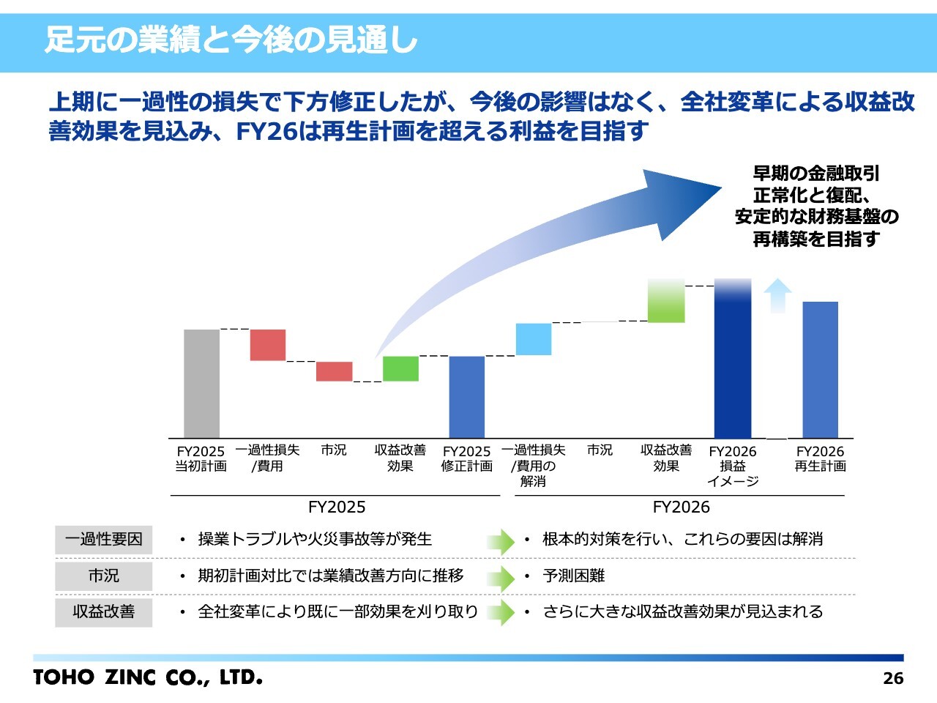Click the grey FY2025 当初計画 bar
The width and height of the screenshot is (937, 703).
[x=201, y=383]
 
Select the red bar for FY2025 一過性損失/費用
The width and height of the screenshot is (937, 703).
[x=268, y=345]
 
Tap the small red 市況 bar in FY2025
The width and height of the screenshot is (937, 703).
[x=334, y=371]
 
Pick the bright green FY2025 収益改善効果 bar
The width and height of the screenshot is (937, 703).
[x=400, y=368]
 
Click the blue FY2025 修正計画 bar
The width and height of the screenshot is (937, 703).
[x=466, y=396]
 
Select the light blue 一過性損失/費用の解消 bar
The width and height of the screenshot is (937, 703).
[x=534, y=339]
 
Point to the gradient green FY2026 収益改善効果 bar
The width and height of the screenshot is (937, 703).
[x=666, y=301]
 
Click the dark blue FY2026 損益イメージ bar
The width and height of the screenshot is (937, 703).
[x=733, y=359]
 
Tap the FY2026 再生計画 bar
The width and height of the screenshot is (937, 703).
[x=820, y=370]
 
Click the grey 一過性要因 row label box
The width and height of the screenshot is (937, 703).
[x=103, y=540]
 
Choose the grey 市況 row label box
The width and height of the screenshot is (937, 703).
[x=103, y=576]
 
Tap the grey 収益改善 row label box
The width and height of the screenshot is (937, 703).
[x=103, y=612]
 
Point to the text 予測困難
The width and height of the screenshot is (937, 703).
[x=574, y=576]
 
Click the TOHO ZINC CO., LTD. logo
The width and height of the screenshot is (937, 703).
[x=147, y=677]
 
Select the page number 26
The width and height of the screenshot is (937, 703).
[x=893, y=678]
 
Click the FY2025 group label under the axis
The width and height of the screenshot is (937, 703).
[x=336, y=507]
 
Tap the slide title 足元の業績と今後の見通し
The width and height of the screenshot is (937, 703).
[x=231, y=40]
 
